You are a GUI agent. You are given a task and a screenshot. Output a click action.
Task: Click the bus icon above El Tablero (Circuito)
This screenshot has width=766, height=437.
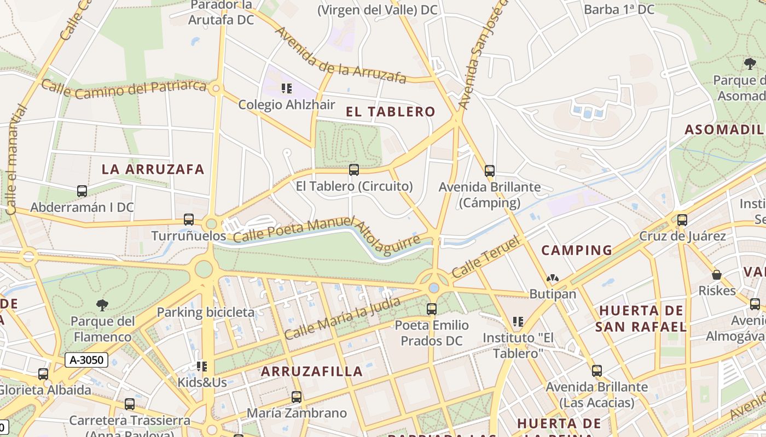[354, 170]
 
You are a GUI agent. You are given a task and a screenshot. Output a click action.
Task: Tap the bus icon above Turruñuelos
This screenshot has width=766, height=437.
[189, 220]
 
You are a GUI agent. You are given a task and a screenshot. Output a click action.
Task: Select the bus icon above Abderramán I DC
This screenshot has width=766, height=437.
[82, 191]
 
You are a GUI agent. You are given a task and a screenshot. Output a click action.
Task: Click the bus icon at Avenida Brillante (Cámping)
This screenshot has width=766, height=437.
[490, 171]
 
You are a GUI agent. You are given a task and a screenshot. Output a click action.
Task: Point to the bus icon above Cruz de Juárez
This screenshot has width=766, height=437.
[682, 220]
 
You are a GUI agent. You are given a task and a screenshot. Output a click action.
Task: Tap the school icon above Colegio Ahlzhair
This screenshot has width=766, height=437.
[287, 88]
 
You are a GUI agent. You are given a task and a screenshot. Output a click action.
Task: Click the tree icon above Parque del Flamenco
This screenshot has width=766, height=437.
[102, 305]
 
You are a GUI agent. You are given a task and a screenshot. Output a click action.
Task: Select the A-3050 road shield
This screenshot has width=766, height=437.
[86, 359]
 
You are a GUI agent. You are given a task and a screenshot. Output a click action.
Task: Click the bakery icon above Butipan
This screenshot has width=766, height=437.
[553, 278]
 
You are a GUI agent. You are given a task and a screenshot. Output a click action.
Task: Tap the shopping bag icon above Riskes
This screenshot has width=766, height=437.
[717, 275]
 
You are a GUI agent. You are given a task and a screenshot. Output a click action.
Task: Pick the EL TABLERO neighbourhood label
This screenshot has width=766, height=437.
[391, 112]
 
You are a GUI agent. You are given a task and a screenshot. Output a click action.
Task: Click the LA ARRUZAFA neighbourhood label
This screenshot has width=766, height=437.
[153, 169]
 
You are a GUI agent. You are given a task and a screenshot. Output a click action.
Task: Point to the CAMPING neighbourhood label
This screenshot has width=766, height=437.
[577, 251]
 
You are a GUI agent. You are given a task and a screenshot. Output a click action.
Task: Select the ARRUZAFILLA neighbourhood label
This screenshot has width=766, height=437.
[312, 371]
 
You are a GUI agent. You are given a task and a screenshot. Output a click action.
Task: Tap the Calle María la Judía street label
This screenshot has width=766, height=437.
[343, 317]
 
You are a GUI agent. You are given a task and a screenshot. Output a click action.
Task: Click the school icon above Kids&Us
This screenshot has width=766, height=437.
[202, 366]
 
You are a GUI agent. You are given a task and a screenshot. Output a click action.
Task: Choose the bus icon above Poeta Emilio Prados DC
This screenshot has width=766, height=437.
[432, 309]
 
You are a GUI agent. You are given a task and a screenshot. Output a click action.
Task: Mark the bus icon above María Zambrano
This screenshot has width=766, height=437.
[297, 397]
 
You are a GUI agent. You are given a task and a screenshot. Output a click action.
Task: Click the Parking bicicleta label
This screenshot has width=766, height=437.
[206, 312]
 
